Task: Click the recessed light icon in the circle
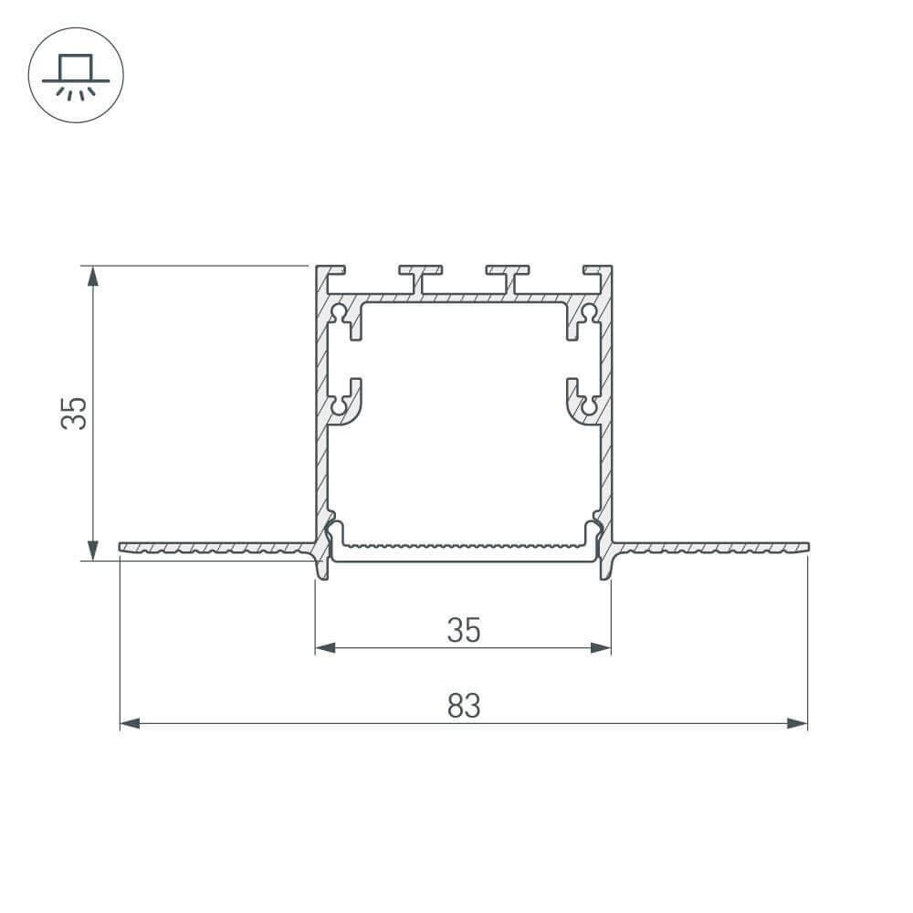click(76, 75)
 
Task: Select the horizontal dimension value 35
click(464, 630)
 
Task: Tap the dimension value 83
click(464, 706)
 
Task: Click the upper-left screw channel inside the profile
click(341, 316)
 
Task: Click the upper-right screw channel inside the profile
click(587, 316)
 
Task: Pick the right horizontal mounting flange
click(712, 548)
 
